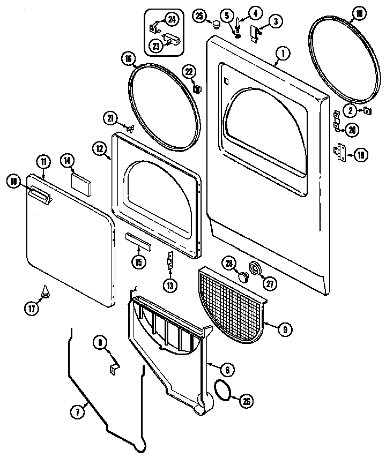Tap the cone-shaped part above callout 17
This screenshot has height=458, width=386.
(x=44, y=292)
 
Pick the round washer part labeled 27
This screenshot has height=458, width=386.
(x=256, y=269)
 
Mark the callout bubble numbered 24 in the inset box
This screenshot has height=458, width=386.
(x=171, y=19)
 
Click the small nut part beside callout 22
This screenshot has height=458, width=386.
(x=197, y=87)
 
